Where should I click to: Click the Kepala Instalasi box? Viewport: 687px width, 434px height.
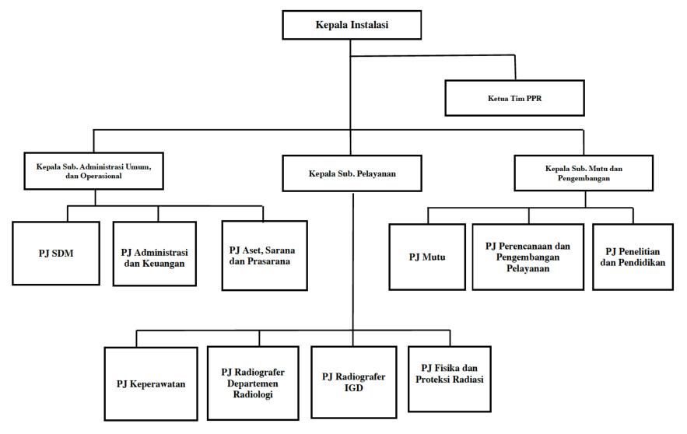[352, 26]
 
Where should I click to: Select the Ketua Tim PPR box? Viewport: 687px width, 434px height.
[514, 98]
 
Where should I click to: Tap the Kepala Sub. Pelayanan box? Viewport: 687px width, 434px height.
[352, 173]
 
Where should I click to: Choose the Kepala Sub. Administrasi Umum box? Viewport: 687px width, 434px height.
[94, 171]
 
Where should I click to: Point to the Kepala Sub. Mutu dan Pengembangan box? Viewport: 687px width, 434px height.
[584, 173]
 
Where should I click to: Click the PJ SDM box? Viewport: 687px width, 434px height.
[56, 254]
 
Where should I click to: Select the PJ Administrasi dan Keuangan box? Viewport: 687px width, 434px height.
[155, 254]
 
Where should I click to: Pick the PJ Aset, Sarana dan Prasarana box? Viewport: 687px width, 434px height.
[265, 256]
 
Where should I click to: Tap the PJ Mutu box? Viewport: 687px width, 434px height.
[427, 257]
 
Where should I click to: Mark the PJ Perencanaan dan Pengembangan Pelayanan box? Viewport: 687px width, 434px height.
[528, 257]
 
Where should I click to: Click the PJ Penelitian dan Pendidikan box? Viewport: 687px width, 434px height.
[633, 257]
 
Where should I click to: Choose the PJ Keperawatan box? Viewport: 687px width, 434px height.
[151, 384]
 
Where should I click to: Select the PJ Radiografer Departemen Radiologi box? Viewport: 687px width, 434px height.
[253, 383]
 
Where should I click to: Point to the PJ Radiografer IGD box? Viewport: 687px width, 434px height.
[353, 383]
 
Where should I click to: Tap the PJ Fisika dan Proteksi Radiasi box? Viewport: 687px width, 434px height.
[450, 380]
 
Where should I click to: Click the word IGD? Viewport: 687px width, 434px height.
[353, 388]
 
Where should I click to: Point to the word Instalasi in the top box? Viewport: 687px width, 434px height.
[370, 25]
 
